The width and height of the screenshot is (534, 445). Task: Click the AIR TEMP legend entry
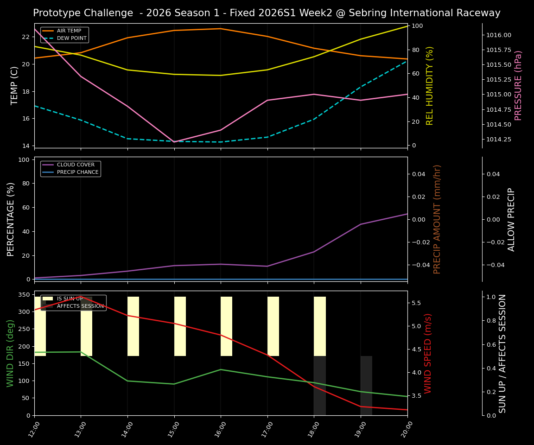pyautogui.click(x=69, y=31)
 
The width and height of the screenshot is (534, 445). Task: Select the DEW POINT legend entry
pyautogui.click(x=71, y=38)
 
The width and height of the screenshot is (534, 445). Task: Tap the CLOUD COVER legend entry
pyautogui.click(x=76, y=165)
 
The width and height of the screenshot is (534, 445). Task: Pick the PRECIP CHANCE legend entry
pyautogui.click(x=77, y=172)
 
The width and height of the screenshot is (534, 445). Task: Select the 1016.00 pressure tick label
pyautogui.click(x=499, y=35)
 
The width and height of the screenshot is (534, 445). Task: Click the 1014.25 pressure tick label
pyautogui.click(x=499, y=140)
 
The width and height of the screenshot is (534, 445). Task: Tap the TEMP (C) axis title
pyautogui.click(x=14, y=85)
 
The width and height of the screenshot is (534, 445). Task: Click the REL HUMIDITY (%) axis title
pyautogui.click(x=430, y=85)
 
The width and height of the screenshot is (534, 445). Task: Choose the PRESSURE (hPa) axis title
pyautogui.click(x=518, y=85)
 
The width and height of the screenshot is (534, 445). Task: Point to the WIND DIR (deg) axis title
pyautogui.click(x=10, y=353)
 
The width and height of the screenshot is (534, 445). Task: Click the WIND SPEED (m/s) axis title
pyautogui.click(x=428, y=353)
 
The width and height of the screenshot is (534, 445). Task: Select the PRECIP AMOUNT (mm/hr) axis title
pyautogui.click(x=437, y=219)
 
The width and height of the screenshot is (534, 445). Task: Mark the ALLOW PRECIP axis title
pyautogui.click(x=511, y=219)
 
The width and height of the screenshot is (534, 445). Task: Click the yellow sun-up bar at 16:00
pyautogui.click(x=226, y=326)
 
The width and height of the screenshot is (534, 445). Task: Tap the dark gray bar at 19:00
pyautogui.click(x=366, y=385)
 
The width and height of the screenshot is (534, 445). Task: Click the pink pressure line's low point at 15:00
pyautogui.click(x=174, y=142)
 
